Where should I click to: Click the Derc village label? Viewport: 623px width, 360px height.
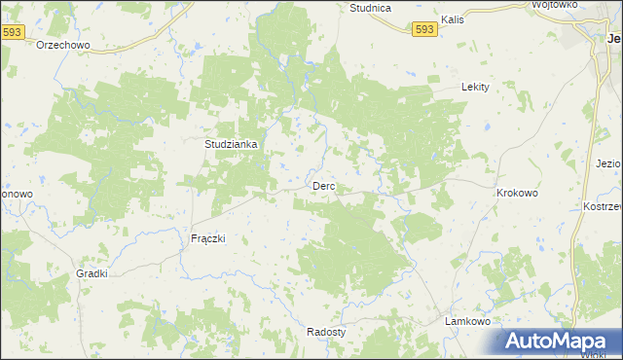323,186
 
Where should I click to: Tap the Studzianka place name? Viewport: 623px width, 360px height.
231,144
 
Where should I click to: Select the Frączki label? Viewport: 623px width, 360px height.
207,238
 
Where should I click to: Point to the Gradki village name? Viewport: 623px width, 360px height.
92,274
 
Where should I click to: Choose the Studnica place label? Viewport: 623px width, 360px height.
370,8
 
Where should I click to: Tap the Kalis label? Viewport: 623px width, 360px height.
452,19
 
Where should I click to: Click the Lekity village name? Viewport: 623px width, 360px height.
474,87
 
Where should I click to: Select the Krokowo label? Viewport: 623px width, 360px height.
517,193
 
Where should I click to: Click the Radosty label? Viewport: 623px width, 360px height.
326,331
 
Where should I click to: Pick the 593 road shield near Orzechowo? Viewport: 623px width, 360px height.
13,32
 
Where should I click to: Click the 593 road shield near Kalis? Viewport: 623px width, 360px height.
423,30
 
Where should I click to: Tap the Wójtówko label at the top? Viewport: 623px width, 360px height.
556,5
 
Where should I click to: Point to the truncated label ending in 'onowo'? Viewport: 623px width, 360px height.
17,194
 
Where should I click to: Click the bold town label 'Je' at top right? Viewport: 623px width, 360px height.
613,39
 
